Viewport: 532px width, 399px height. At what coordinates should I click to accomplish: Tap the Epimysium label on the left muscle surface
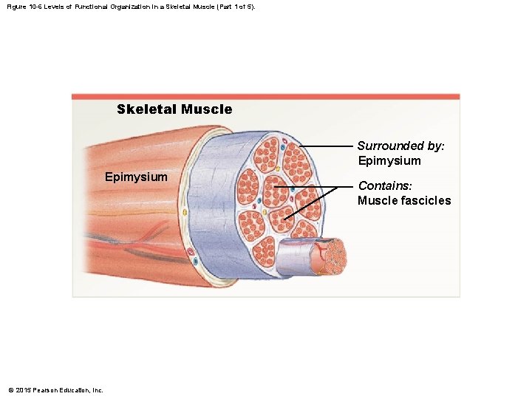(x=136, y=177)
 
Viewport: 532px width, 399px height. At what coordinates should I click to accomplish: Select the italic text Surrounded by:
(x=400, y=146)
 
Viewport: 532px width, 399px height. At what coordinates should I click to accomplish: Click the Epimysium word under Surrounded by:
(x=389, y=161)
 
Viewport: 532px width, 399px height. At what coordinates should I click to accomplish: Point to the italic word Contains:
(x=385, y=186)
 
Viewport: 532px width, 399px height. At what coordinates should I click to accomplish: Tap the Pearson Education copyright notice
(x=55, y=390)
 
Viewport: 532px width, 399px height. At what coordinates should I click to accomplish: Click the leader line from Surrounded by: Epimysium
(x=325, y=147)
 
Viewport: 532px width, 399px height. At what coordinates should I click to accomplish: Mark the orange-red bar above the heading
(x=265, y=96)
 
